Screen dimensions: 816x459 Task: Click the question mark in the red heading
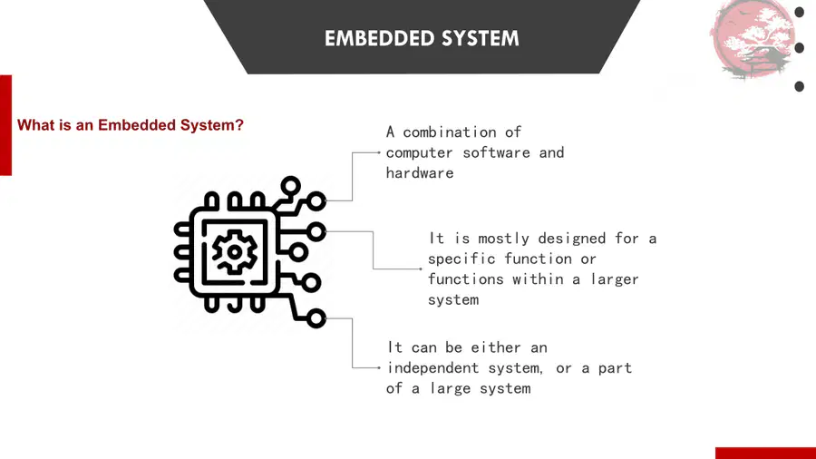pyautogui.click(x=239, y=125)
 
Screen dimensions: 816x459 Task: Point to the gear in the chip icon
pyautogui.click(x=235, y=252)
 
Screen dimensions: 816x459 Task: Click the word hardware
pyautogui.click(x=420, y=172)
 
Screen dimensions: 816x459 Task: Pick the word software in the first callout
pyautogui.click(x=497, y=152)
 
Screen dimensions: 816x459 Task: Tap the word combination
pyautogui.click(x=449, y=132)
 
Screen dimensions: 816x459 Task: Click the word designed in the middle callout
pyautogui.click(x=572, y=239)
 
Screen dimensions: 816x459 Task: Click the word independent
pyautogui.click(x=432, y=368)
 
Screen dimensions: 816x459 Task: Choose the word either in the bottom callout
pyautogui.click(x=495, y=347)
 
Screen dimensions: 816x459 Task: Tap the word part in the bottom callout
pyautogui.click(x=615, y=369)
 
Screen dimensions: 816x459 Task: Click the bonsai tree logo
pyautogui.click(x=753, y=40)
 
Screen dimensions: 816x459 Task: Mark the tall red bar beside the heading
pyautogui.click(x=5, y=125)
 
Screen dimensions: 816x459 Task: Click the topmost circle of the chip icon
pyautogui.click(x=290, y=186)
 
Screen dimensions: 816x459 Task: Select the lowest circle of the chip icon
pyautogui.click(x=316, y=318)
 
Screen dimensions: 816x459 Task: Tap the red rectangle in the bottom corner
pyautogui.click(x=765, y=453)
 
